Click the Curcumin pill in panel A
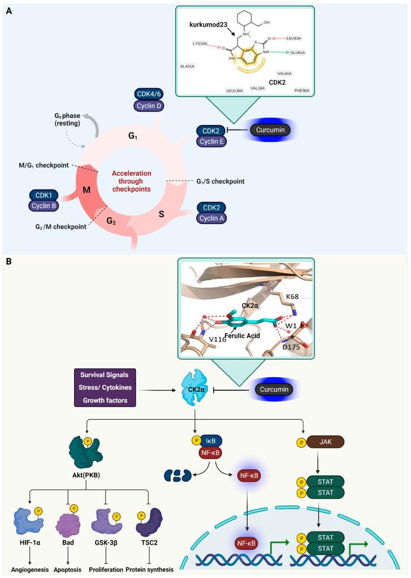[272, 131]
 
